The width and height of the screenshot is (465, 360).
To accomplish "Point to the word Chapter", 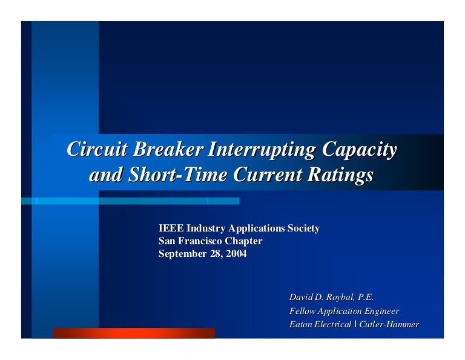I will tap(245, 241).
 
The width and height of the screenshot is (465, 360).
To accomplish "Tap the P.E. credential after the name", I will tap(362, 297).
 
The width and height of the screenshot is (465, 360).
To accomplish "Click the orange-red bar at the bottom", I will tap(133, 333).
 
